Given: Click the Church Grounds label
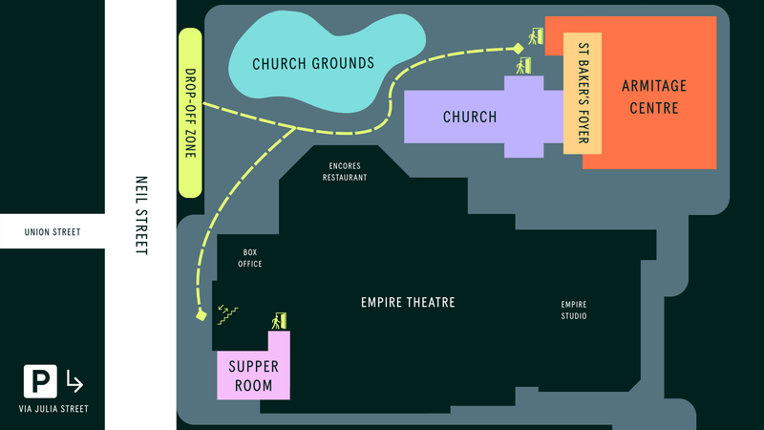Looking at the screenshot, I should (x=312, y=64).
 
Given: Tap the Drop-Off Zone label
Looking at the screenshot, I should (x=189, y=113).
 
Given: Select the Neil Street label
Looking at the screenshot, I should (x=141, y=214).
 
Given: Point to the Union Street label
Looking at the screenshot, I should (x=53, y=232).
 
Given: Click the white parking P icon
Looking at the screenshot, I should (x=39, y=382).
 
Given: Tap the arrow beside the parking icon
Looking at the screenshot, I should (x=74, y=382).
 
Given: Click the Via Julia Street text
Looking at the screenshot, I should (x=53, y=409).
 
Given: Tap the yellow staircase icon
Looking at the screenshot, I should (x=228, y=313).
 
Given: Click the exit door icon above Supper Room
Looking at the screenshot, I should (x=280, y=321).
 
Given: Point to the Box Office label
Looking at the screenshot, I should (x=250, y=258).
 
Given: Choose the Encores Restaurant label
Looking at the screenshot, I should (x=345, y=171).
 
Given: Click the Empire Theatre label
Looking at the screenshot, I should (x=408, y=303).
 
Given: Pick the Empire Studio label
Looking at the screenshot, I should (x=573, y=311).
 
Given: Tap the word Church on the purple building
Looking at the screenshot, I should (x=470, y=118).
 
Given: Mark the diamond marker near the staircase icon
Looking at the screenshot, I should (x=202, y=315).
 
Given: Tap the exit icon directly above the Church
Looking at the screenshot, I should (x=522, y=66).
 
